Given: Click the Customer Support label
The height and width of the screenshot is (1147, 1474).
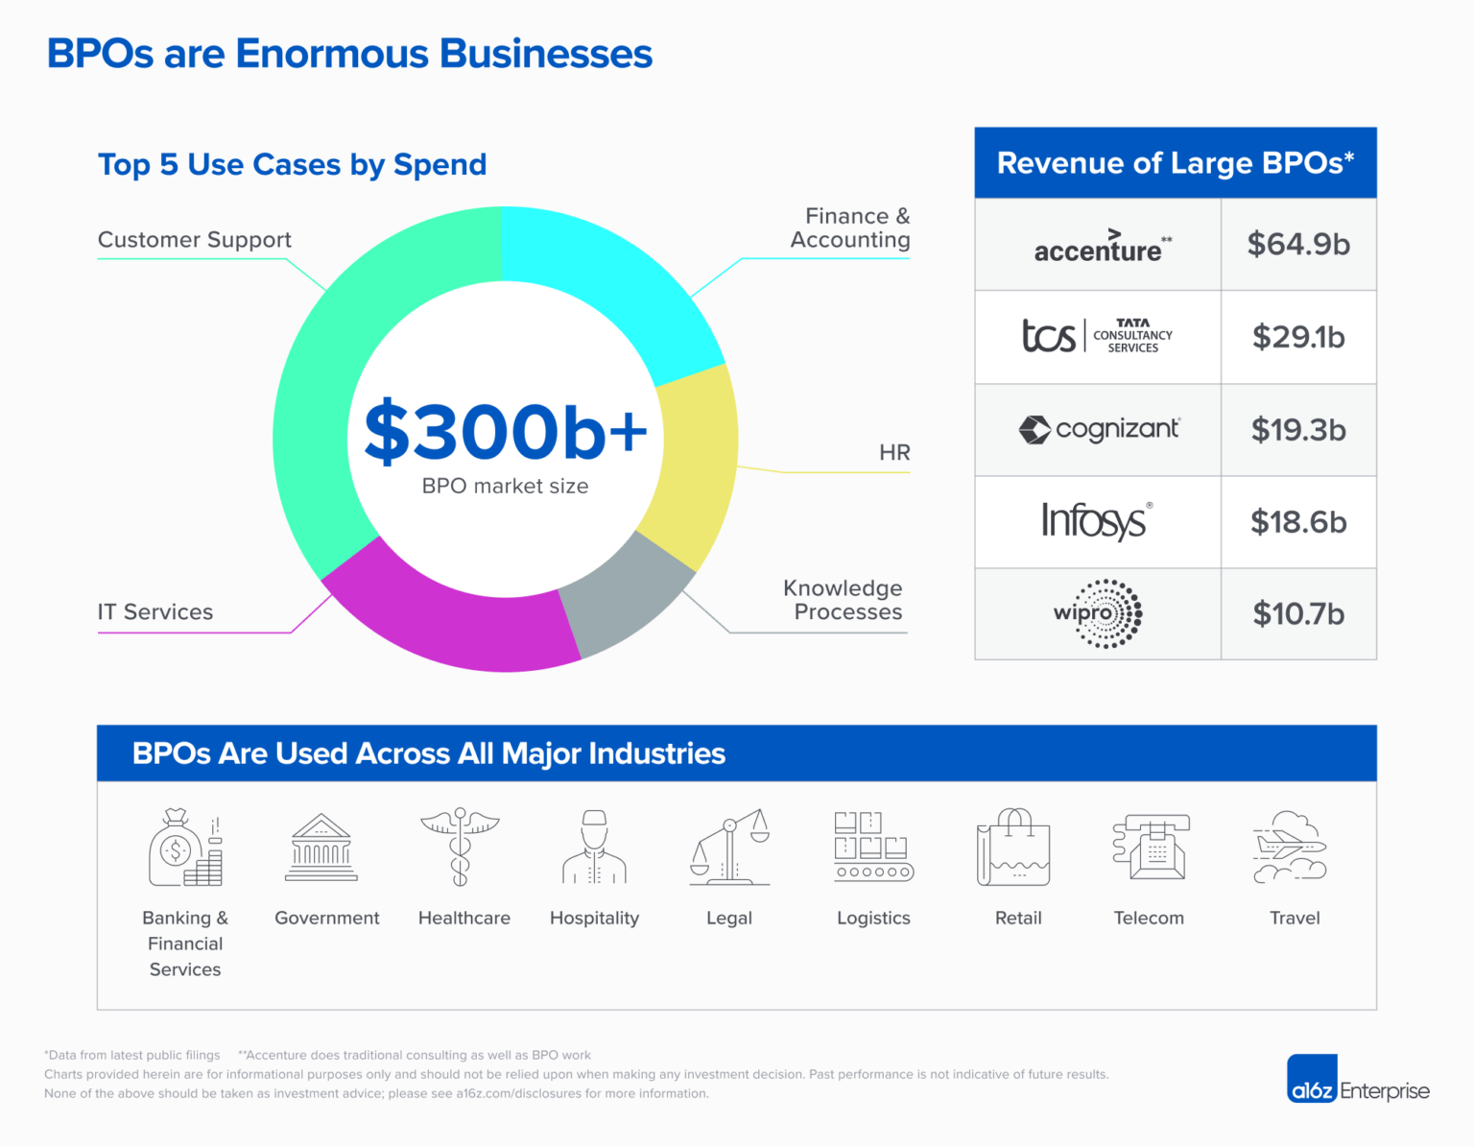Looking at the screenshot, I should tap(195, 240).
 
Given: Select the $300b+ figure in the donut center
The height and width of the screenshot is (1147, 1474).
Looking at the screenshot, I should tap(506, 432).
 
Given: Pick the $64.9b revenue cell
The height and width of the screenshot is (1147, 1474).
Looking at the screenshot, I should tap(1298, 245).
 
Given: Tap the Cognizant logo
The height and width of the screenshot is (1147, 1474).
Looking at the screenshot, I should tap(1099, 429).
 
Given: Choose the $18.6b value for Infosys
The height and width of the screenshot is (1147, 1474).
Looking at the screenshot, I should tap(1298, 522).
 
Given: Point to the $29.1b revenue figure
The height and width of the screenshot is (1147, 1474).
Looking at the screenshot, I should tap(1298, 337).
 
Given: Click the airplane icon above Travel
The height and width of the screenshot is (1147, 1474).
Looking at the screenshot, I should tap(1291, 847).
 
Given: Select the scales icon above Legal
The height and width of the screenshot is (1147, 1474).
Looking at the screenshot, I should tap(730, 847).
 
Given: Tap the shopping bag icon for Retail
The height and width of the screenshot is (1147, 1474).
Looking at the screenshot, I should tap(1014, 847).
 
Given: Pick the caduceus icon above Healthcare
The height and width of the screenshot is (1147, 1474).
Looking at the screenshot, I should tap(461, 847).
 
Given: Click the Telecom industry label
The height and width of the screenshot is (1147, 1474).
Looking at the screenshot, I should tap(1149, 919).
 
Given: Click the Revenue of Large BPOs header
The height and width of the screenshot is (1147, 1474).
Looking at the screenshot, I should tap(1176, 163).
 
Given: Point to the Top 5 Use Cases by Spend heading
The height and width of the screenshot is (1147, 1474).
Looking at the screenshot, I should tap(293, 165).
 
